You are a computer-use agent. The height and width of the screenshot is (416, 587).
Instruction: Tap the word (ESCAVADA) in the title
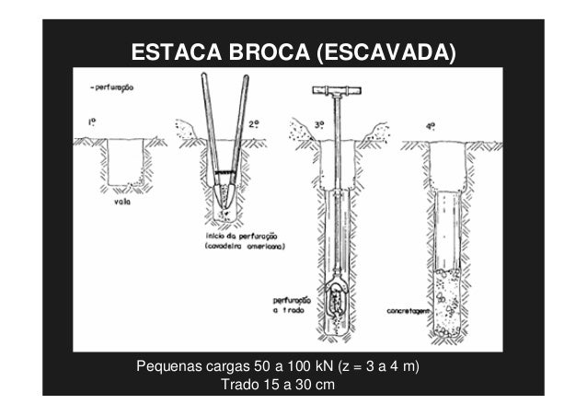point(385,52)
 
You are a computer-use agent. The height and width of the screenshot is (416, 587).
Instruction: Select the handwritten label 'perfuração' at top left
point(114,88)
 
